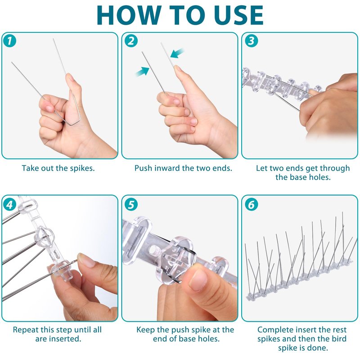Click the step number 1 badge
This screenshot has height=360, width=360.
9,41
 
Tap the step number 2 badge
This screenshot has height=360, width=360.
131,41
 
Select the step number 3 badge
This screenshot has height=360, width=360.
252,41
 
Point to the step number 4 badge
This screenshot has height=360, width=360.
9,204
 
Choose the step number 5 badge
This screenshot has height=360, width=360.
131,204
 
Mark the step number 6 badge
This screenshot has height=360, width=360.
252,204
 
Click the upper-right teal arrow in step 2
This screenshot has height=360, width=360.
177,53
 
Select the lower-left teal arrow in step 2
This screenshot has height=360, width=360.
142,72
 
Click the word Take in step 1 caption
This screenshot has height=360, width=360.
31,168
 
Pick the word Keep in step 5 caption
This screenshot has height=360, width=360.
145,330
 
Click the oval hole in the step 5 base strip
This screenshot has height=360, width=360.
153,251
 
